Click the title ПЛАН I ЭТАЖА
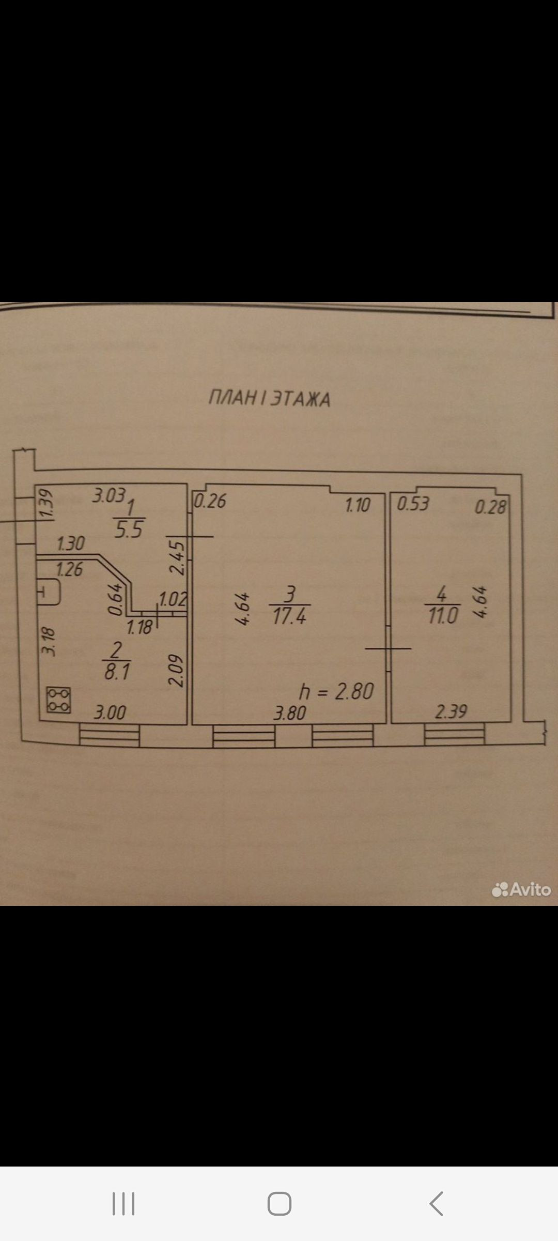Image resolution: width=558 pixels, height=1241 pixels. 269,398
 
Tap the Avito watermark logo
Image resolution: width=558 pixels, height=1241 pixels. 521,889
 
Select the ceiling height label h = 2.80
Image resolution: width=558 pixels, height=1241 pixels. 336,691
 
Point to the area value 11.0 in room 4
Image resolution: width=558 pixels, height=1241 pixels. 443,616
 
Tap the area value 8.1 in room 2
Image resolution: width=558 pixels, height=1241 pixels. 117,672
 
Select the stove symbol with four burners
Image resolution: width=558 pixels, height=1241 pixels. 58,700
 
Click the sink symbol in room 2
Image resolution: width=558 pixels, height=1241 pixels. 49,592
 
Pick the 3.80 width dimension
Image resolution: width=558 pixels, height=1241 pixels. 290,714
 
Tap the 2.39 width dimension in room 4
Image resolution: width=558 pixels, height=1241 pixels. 451,712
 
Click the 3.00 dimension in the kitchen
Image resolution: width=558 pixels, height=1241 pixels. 110,713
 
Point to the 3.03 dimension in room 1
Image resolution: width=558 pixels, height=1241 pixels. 109,496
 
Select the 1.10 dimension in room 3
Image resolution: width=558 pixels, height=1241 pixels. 358,505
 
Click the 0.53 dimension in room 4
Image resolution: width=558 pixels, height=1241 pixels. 413,504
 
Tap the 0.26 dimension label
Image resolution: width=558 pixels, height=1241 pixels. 210,501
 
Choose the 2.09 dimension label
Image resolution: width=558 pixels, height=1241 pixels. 177,671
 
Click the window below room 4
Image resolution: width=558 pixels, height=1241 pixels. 454,734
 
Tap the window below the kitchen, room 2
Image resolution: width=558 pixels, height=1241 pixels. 109,735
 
